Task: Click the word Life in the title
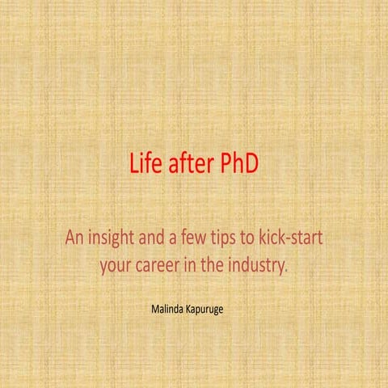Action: pos(144,163)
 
